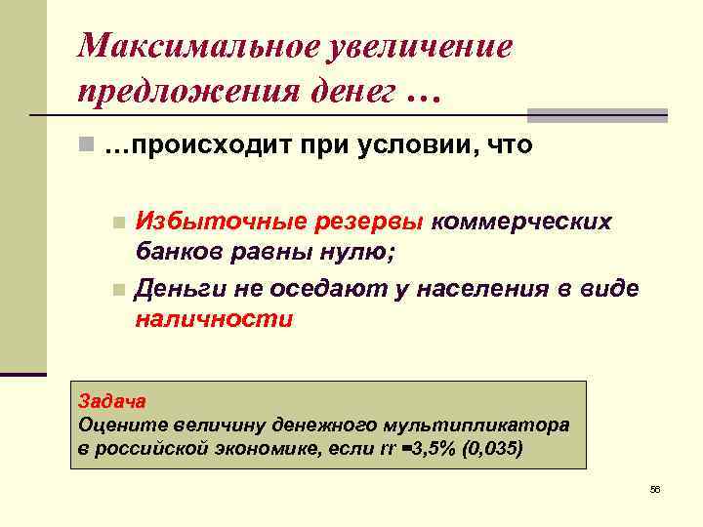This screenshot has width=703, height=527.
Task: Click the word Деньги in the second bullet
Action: [179, 289]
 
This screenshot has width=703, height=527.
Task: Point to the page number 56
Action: [654, 489]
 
